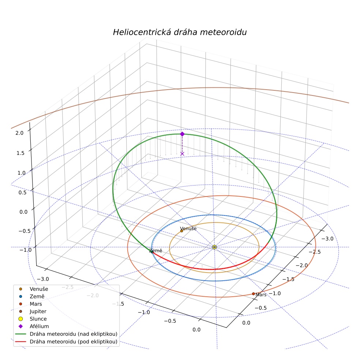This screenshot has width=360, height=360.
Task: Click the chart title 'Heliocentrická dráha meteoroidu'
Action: pos(180,32)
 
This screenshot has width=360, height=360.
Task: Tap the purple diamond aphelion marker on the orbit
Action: pos(182,134)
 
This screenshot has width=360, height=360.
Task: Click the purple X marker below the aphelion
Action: pos(182,154)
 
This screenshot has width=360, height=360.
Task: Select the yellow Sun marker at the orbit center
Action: pos(214,247)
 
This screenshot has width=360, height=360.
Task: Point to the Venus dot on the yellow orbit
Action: pos(181,231)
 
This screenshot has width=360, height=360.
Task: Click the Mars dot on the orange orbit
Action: pos(254,294)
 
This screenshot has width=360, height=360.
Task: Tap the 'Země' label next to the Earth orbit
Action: pos(155,251)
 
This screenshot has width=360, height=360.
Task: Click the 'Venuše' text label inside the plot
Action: pos(188,228)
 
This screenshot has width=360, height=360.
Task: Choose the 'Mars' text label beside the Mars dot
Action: pos(261,295)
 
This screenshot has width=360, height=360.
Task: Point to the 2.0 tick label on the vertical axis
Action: pos(19,133)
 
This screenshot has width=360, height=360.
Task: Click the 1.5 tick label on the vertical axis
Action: pos(20,153)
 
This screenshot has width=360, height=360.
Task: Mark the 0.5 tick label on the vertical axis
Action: pos(23,192)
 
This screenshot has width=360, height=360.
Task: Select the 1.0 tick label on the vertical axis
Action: pos(21,173)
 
